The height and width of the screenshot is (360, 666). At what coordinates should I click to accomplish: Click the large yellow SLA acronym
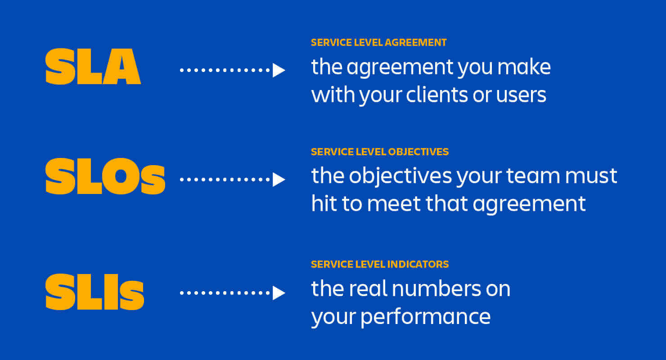[x=93, y=67]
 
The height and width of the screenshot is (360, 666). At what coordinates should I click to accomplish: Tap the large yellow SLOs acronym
[x=105, y=176]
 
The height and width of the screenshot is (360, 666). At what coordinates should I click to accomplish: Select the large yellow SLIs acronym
[x=94, y=292]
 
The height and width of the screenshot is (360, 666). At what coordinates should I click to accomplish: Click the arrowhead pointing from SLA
[x=279, y=70]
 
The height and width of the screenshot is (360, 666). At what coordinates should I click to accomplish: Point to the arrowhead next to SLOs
[x=279, y=180]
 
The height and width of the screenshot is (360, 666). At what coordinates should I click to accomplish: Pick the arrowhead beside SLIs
[x=279, y=293]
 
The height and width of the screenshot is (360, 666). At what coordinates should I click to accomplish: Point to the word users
[x=521, y=94]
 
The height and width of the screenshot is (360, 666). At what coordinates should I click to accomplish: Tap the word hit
[x=323, y=203]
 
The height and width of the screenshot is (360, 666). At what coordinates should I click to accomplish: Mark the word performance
[x=426, y=317]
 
